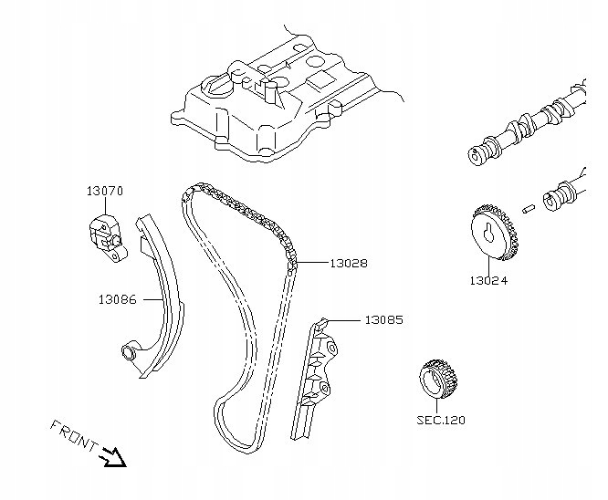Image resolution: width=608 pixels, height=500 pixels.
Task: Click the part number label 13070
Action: (104, 191)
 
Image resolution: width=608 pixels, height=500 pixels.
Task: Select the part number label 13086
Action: (118, 299)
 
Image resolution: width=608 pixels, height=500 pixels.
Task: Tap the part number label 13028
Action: (349, 263)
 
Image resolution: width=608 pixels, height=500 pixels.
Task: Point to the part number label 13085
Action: (383, 319)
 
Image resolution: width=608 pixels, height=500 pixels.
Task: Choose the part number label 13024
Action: (488, 281)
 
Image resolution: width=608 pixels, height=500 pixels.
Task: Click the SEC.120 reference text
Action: (441, 420)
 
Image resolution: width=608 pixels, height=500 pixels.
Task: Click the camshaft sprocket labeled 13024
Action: (495, 232)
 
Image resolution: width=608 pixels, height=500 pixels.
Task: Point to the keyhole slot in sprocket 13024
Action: (489, 233)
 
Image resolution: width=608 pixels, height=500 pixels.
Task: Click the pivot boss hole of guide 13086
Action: (128, 352)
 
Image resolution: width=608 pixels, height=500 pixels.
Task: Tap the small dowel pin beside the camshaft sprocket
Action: (529, 209)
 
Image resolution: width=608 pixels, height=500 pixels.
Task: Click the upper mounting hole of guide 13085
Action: (332, 348)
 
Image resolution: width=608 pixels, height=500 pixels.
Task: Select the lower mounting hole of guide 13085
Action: (323, 387)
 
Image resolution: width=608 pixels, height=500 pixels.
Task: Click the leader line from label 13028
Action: (312, 263)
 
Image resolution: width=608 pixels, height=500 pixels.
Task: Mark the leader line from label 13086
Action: (152, 299)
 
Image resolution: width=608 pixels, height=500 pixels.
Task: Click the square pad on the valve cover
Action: (321, 80)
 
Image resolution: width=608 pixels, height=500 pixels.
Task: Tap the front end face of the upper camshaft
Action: (476, 156)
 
